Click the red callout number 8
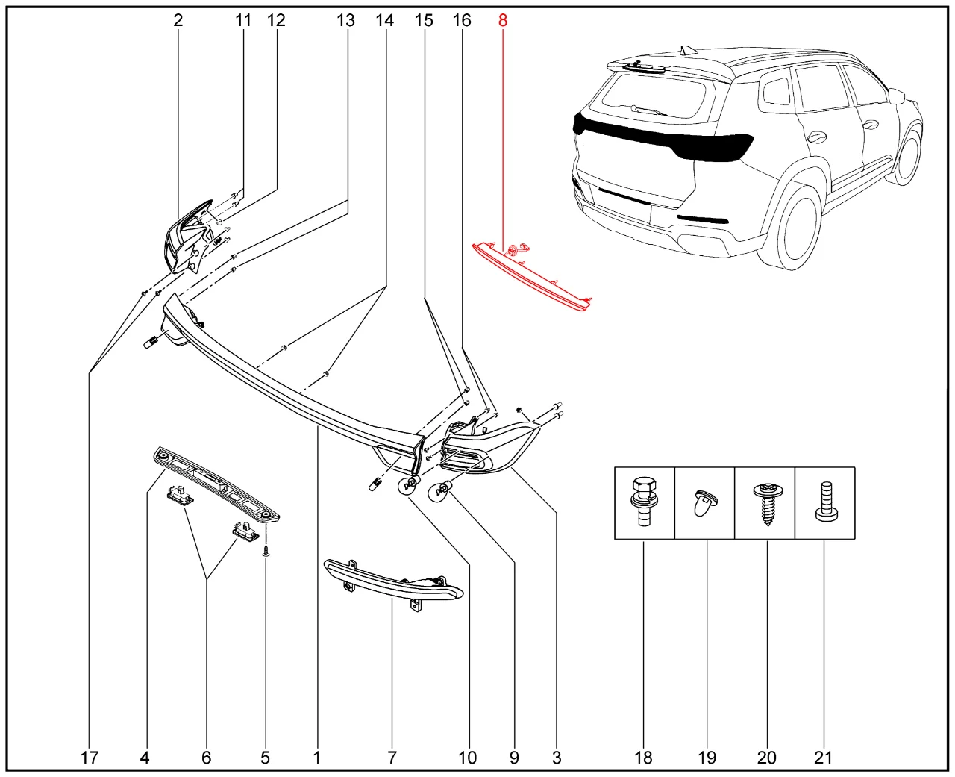click(x=503, y=21)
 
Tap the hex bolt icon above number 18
click(x=644, y=502)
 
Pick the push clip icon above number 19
click(x=704, y=505)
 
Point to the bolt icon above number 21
click(x=824, y=502)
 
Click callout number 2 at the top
click(x=178, y=21)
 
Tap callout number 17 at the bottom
click(x=89, y=758)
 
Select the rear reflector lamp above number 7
click(x=394, y=581)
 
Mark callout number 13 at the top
click(x=345, y=21)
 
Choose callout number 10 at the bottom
click(x=467, y=758)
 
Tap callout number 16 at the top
click(x=462, y=21)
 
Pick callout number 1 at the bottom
click(x=317, y=758)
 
